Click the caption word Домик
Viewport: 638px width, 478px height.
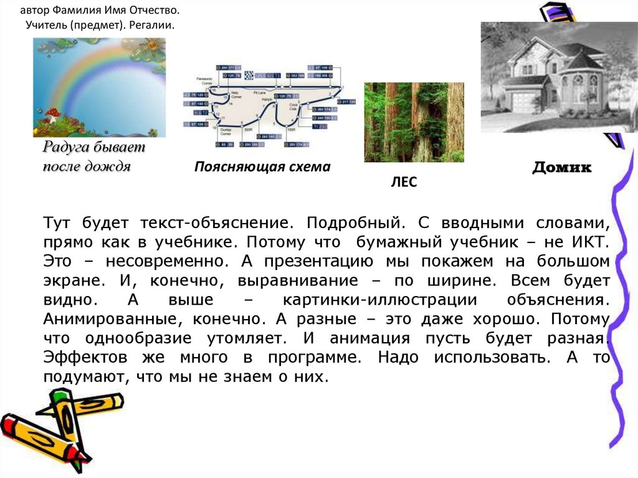(561, 168)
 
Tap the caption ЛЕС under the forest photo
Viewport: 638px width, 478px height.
(403, 183)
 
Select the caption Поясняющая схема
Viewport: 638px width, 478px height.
(262, 167)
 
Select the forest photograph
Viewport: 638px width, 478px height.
(414, 122)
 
